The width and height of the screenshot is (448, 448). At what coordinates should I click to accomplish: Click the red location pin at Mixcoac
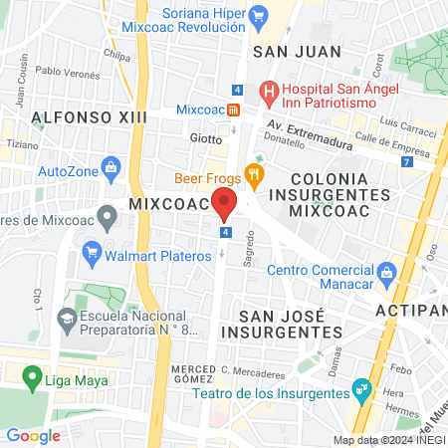click(x=224, y=204)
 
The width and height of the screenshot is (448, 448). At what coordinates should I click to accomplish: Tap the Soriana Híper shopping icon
click(x=259, y=14)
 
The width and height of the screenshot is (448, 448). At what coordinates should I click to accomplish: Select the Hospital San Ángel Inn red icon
click(x=268, y=90)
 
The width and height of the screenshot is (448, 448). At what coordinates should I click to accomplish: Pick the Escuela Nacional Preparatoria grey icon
click(x=68, y=321)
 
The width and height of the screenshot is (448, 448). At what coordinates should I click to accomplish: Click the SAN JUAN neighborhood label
click(x=298, y=51)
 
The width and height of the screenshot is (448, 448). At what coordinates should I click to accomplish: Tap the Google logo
click(x=33, y=435)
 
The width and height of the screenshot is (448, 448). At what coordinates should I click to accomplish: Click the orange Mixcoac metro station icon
click(x=233, y=109)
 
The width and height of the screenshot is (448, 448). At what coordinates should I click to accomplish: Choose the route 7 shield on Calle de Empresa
click(x=405, y=161)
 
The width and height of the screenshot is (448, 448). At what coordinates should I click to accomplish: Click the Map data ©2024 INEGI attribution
click(x=388, y=440)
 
